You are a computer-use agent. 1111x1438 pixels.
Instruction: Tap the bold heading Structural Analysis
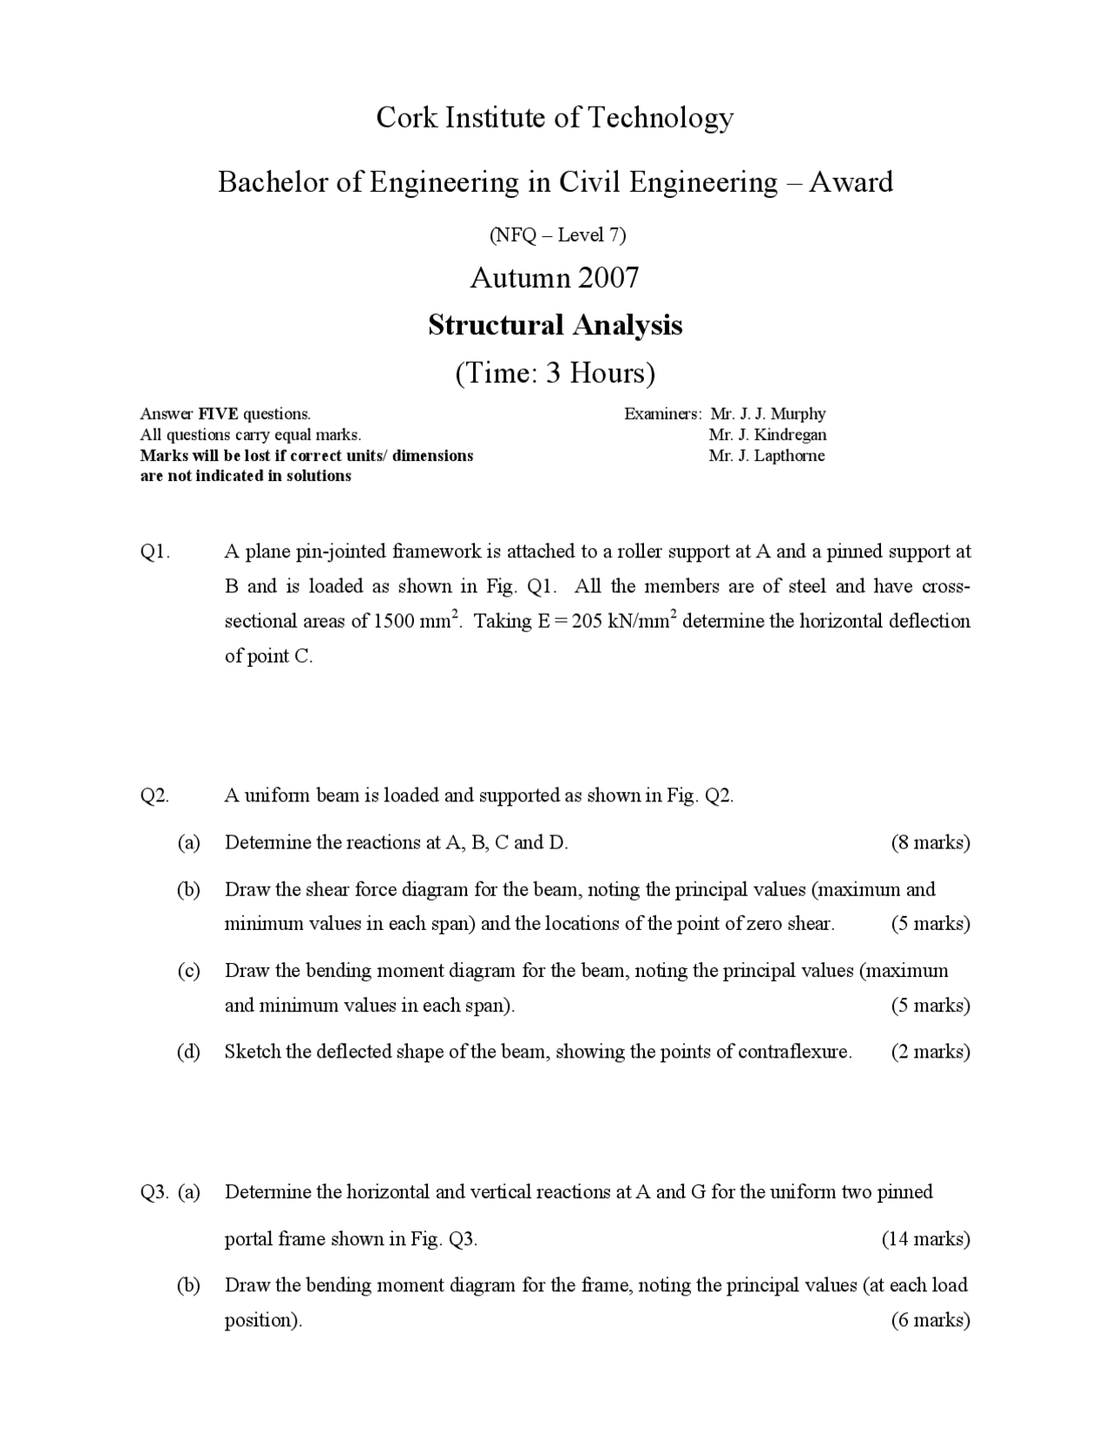click(x=555, y=325)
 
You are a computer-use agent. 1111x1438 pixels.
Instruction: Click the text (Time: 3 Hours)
click(x=555, y=373)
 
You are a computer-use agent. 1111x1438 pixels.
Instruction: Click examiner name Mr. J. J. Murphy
click(x=767, y=414)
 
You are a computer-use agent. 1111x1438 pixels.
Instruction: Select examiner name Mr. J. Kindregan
click(x=767, y=435)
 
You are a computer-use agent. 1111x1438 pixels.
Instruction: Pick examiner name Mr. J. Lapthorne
click(x=766, y=456)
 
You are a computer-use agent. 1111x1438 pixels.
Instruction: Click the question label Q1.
click(x=154, y=552)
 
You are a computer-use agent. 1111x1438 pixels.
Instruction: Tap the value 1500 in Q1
click(x=395, y=622)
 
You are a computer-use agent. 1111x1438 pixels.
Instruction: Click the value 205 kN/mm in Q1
click(x=621, y=622)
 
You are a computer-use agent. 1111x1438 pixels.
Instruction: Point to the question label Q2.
click(x=154, y=796)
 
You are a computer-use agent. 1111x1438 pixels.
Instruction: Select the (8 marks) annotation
click(x=930, y=842)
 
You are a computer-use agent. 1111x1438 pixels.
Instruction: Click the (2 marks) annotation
click(x=930, y=1052)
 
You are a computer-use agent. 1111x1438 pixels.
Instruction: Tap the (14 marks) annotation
click(x=925, y=1239)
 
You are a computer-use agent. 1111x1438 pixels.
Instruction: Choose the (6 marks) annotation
click(x=930, y=1321)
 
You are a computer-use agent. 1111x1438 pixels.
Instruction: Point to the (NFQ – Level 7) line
click(x=555, y=234)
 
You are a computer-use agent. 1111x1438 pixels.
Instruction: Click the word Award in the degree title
click(x=851, y=182)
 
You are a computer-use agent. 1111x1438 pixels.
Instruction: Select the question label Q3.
click(x=154, y=1192)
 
